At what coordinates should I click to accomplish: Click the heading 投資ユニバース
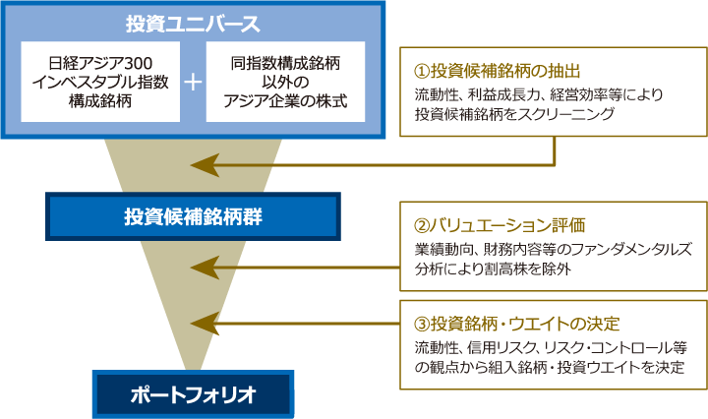point(193,23)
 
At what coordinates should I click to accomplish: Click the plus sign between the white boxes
point(193,82)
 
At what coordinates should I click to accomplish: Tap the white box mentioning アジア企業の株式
point(285,82)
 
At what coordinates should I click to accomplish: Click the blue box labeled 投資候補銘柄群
point(193,216)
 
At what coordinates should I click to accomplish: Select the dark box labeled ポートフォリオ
point(193,394)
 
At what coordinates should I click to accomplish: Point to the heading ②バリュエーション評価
point(501,224)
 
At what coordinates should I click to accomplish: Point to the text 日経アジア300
point(89,62)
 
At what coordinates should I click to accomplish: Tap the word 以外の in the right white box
point(285,82)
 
